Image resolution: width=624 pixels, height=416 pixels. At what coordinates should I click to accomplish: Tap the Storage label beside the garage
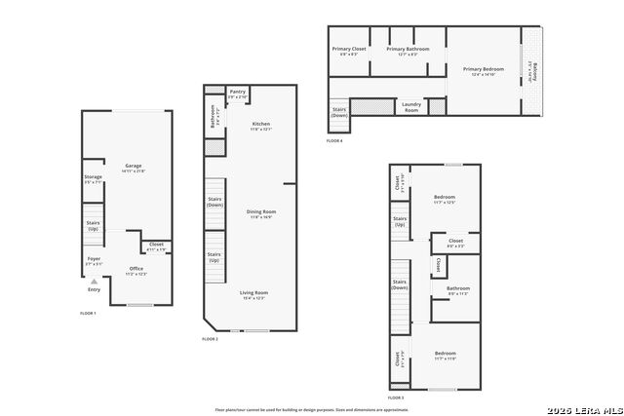point(93,178)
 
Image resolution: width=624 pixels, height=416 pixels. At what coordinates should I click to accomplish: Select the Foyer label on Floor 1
point(94,260)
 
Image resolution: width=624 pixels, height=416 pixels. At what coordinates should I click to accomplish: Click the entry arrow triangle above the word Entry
point(94,281)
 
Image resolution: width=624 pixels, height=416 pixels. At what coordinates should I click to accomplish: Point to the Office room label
point(136,270)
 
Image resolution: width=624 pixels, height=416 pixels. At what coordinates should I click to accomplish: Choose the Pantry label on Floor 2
point(237,93)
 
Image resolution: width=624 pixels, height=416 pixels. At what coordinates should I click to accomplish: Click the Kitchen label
point(260,125)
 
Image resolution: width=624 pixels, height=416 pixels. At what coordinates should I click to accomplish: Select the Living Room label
point(253,293)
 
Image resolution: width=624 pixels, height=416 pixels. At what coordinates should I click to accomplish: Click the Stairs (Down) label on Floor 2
point(214,202)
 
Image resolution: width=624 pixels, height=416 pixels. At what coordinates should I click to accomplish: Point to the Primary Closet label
point(348,50)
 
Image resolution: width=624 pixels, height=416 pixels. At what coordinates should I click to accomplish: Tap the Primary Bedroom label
point(484,70)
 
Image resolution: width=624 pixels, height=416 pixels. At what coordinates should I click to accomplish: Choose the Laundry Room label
point(411,106)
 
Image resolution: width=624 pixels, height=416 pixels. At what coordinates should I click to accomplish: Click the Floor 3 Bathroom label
point(458,289)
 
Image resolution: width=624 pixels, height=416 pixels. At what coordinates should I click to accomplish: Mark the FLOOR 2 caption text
point(210,339)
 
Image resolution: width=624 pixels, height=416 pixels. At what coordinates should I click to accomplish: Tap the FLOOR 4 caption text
point(334,142)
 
